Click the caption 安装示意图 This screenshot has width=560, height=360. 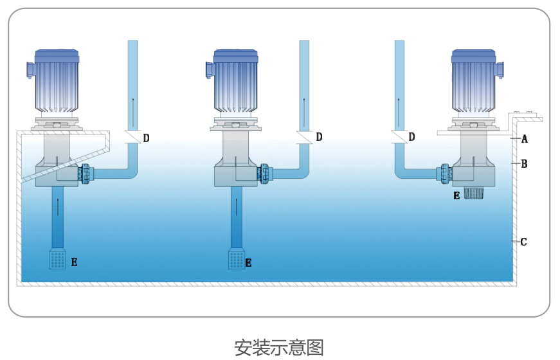click(x=278, y=347)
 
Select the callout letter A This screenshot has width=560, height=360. click(x=525, y=139)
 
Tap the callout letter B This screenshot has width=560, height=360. click(x=524, y=164)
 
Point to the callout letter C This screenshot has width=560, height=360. click(x=523, y=242)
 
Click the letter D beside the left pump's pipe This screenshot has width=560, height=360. click(x=147, y=138)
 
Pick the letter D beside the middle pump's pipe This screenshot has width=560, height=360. click(x=319, y=137)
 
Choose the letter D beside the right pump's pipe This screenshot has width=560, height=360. click(x=411, y=137)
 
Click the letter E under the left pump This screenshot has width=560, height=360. click(x=75, y=262)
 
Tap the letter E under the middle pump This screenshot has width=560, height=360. click(x=248, y=262)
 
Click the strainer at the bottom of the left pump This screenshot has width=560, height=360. click(x=58, y=259)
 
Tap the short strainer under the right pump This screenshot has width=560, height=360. click(x=473, y=193)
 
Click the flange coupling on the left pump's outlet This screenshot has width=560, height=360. click(x=85, y=173)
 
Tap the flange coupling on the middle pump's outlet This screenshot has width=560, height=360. click(x=264, y=173)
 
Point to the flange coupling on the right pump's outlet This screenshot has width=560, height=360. click(x=444, y=173)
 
